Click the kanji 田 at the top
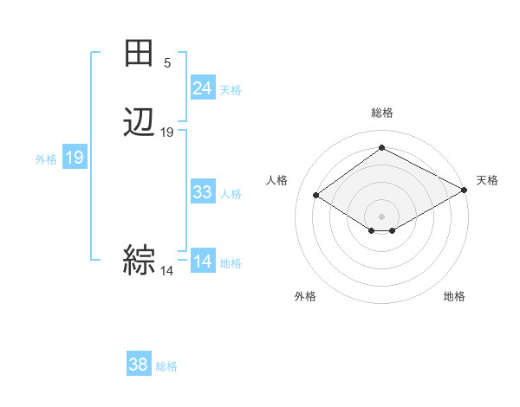click(x=140, y=54)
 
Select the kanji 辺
click(x=140, y=122)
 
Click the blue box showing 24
click(x=203, y=88)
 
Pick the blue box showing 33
click(x=203, y=192)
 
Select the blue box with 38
click(x=139, y=365)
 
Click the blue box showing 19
click(x=74, y=158)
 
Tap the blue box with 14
click(x=203, y=262)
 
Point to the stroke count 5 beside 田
click(x=167, y=63)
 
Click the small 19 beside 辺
click(x=167, y=132)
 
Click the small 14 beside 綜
click(x=166, y=271)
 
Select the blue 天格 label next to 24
click(x=231, y=89)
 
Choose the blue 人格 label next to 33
click(x=231, y=193)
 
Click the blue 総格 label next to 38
click(x=166, y=366)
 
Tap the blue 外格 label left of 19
click(x=45, y=159)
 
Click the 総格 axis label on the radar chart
click(x=382, y=113)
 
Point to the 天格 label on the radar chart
click(x=487, y=180)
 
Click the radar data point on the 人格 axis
click(x=316, y=196)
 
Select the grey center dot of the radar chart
click(x=382, y=216)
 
